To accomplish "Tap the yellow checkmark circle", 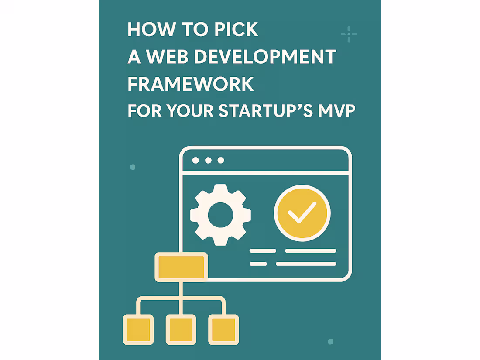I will point(302,213).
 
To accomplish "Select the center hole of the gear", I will point(220,214).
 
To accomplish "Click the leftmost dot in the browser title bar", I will point(195,161).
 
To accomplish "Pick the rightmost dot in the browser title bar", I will point(221,161).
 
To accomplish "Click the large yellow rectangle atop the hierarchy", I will point(181,267).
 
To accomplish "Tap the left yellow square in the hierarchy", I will point(138,329).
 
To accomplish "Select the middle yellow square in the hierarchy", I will point(181,329).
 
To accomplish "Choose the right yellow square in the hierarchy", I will point(224,329).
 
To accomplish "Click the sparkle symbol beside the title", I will point(349,34).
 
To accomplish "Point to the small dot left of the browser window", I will point(133,167).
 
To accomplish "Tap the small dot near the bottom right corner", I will point(330,342).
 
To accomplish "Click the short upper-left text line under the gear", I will point(262,251).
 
